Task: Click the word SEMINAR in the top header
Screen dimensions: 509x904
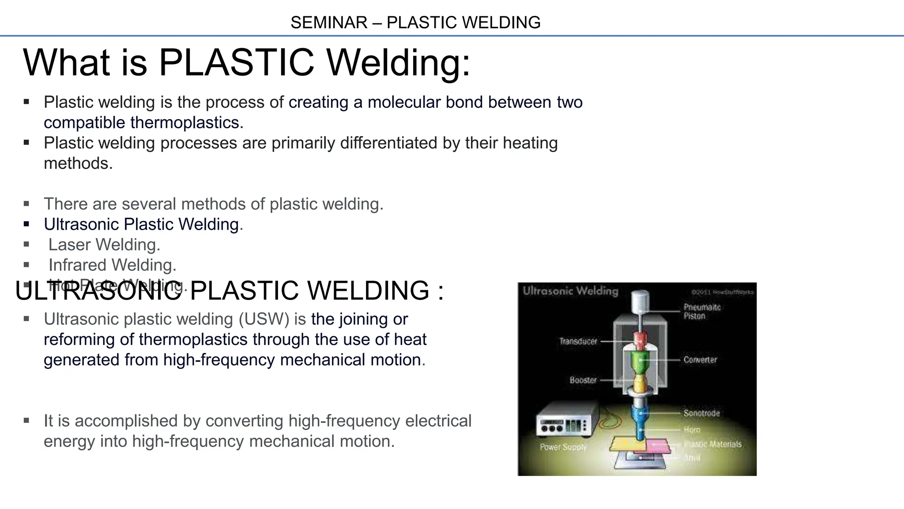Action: point(328,23)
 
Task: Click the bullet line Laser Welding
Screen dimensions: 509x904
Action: point(104,244)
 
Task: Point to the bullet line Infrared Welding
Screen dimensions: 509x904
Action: point(112,265)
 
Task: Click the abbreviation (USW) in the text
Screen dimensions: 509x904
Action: point(264,319)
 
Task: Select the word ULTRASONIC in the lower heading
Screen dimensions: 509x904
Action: point(98,290)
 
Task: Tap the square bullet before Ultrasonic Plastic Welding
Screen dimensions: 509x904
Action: point(26,224)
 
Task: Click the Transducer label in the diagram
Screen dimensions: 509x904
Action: point(578,341)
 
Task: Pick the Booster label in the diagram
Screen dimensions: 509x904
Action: point(583,380)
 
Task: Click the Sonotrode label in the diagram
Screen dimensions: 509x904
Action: point(701,413)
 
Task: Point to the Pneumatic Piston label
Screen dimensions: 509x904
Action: point(702,311)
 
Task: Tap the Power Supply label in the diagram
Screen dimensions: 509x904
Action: point(563,447)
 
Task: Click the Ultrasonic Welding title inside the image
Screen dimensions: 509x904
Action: point(570,291)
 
